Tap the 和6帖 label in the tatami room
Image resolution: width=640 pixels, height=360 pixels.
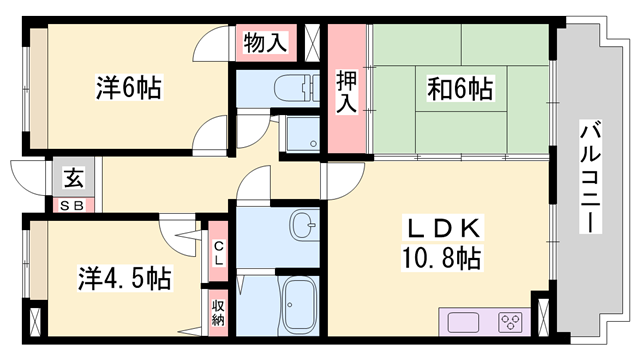click(459, 89)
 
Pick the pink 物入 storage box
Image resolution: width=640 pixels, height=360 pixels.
click(265, 43)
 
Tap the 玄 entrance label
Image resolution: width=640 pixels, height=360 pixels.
click(74, 179)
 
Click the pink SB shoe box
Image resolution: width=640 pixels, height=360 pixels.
click(74, 205)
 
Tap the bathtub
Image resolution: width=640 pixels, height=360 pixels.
click(301, 306)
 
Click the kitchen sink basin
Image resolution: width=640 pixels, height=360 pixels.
click(466, 323)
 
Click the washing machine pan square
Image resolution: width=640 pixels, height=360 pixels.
click(301, 136)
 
